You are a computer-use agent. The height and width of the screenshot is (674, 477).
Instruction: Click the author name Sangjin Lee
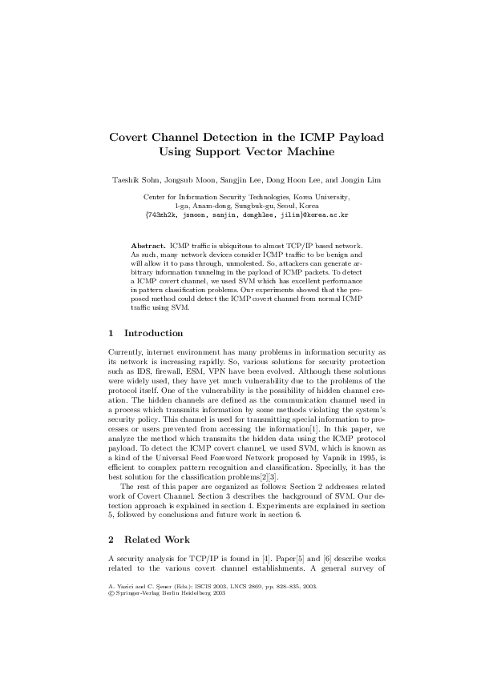tap(246, 180)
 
